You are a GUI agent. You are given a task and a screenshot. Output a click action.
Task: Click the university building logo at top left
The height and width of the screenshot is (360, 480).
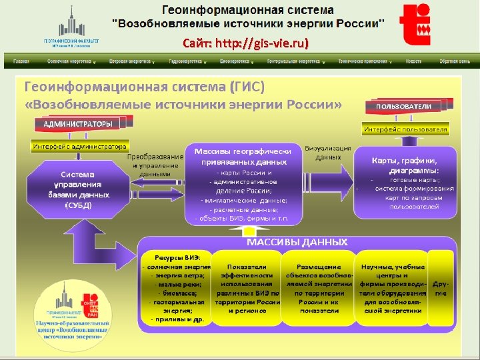coord(71,23)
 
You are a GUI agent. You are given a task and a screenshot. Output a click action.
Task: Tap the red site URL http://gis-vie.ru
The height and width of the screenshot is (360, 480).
coord(245,43)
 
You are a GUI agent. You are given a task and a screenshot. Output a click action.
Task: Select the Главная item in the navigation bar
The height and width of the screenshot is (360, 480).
coord(21,61)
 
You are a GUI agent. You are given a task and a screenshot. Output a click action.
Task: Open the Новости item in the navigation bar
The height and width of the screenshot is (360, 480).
coord(413,61)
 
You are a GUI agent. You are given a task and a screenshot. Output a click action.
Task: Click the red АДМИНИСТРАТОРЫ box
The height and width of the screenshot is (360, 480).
coord(78,124)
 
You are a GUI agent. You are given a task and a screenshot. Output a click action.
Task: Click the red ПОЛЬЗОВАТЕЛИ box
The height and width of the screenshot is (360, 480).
coord(403,106)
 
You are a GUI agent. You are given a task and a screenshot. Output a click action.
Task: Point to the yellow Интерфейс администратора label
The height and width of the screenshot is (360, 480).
coord(79,146)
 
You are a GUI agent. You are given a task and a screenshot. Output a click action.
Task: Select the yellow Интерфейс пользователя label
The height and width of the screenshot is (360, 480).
coord(405,128)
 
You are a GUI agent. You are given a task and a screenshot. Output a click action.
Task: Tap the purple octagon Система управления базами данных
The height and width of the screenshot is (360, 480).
coord(79,189)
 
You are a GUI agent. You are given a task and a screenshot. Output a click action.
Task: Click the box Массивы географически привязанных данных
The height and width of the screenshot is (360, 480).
coord(242,183)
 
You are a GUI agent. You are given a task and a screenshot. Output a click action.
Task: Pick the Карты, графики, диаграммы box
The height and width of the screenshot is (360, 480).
coord(405,183)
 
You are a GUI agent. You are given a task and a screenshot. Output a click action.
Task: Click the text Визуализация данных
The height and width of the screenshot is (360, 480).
coord(323,153)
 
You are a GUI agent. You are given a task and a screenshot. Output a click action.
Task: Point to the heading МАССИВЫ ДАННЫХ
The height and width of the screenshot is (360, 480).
coord(297,241)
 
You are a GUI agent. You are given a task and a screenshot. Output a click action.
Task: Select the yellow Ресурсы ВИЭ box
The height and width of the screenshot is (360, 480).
coord(177,288)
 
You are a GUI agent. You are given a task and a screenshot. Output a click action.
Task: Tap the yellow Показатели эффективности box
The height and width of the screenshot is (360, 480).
coord(247,288)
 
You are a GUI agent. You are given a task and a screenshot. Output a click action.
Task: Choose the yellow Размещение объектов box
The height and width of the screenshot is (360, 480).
coord(319,288)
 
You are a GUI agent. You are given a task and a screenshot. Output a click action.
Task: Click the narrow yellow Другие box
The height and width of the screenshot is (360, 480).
coord(440,288)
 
